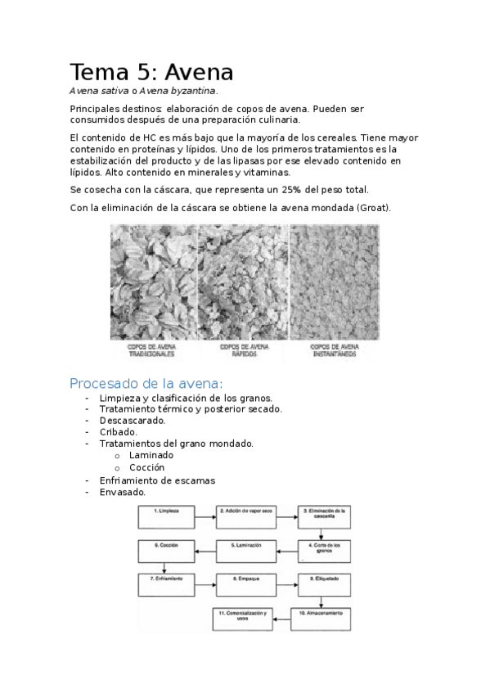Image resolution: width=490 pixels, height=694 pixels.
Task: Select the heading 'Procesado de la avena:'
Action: (146, 383)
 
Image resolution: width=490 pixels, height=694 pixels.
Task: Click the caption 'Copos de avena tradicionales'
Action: (153, 350)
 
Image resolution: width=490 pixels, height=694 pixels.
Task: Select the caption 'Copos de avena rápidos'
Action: (243, 350)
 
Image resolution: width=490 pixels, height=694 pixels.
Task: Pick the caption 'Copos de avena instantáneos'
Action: (334, 350)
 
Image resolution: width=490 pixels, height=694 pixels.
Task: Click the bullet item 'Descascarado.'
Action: (133, 420)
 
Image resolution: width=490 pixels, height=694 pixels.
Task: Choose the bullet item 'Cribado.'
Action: (119, 431)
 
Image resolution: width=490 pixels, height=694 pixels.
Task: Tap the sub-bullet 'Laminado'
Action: (151, 455)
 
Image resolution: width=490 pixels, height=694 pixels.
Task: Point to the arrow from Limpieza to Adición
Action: (207, 516)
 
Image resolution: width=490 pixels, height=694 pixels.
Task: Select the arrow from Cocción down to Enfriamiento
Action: (165, 567)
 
